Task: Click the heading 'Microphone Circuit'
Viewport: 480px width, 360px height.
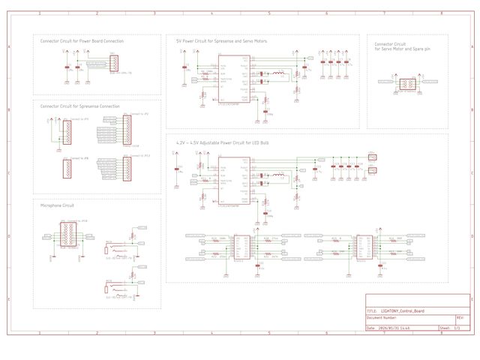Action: click(x=58, y=205)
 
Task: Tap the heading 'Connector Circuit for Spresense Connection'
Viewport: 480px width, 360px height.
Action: click(x=79, y=106)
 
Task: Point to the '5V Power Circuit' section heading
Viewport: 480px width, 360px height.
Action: click(x=221, y=41)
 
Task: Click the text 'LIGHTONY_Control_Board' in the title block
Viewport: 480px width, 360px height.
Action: click(x=402, y=310)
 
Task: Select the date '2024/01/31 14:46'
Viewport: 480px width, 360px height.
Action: click(x=394, y=328)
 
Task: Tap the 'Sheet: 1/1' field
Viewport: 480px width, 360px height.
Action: click(x=450, y=328)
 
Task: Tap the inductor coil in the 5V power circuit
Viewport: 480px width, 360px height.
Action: click(x=278, y=73)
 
